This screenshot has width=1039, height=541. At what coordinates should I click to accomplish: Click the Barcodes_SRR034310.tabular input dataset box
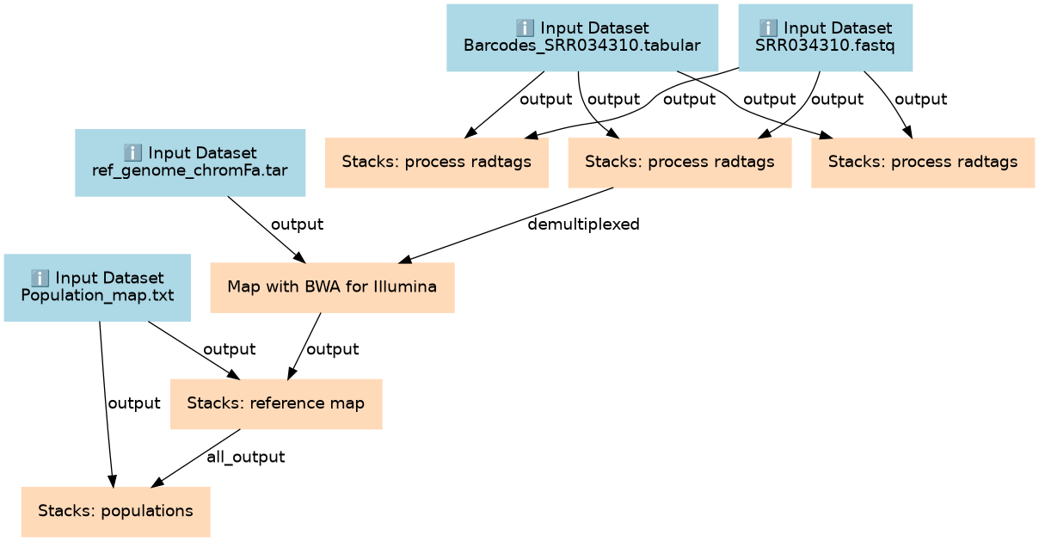click(x=582, y=38)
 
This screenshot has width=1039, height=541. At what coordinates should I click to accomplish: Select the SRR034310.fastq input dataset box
click(x=825, y=38)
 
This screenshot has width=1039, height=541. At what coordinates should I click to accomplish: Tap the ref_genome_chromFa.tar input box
click(x=190, y=163)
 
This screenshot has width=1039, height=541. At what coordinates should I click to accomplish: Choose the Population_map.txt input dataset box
click(x=97, y=287)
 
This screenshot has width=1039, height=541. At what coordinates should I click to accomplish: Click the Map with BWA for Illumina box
click(x=332, y=287)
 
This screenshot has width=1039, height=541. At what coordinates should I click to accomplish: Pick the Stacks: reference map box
click(x=276, y=403)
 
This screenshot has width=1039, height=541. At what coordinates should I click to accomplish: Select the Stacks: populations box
click(x=115, y=512)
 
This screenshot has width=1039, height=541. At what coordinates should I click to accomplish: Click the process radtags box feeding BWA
click(x=679, y=163)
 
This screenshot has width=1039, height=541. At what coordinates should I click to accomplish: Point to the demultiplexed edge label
click(x=583, y=224)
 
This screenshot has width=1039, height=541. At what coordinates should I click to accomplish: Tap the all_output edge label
click(x=245, y=457)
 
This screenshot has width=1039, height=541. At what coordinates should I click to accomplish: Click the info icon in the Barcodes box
click(x=525, y=28)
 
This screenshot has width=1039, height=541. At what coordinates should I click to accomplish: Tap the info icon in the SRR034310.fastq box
click(x=768, y=28)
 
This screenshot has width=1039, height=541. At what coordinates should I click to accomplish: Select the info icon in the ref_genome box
click(x=132, y=152)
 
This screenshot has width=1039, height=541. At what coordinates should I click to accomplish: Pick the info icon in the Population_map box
click(x=40, y=278)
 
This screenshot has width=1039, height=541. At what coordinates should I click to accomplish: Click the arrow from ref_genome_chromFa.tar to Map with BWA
click(x=267, y=230)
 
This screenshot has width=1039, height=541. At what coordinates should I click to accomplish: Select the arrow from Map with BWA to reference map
click(x=304, y=346)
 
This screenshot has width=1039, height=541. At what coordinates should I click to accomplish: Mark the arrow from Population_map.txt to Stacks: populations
click(x=106, y=404)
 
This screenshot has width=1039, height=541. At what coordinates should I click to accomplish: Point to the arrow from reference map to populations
click(x=196, y=458)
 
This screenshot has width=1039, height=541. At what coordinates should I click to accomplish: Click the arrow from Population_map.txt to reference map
click(x=194, y=350)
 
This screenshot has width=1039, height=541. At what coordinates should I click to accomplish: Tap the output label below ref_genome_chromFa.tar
click(x=297, y=224)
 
